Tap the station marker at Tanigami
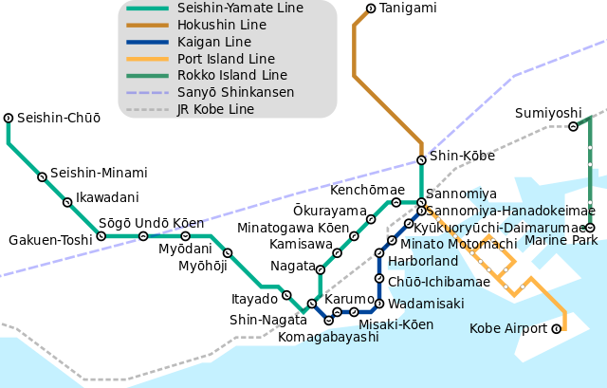pyautogui.click(x=369, y=9)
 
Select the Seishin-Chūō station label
pyautogui.click(x=59, y=119)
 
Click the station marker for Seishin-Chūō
pyautogui.click(x=9, y=118)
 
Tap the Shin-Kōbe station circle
pyautogui.click(x=421, y=159)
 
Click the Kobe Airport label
pyautogui.click(x=508, y=329)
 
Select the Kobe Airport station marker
pyautogui.click(x=557, y=329)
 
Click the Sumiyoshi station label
pyautogui.click(x=547, y=114)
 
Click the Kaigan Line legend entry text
pyautogui.click(x=213, y=43)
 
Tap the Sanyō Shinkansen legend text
pyautogui.click(x=235, y=93)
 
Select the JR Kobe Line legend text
pyautogui.click(x=215, y=110)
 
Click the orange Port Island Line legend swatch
pyautogui.click(x=147, y=59)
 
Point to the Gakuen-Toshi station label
pyautogui.click(x=50, y=240)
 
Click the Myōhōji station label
pyautogui.click(x=203, y=266)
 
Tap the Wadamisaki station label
pyautogui.click(x=426, y=304)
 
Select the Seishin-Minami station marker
pyautogui.click(x=42, y=176)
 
